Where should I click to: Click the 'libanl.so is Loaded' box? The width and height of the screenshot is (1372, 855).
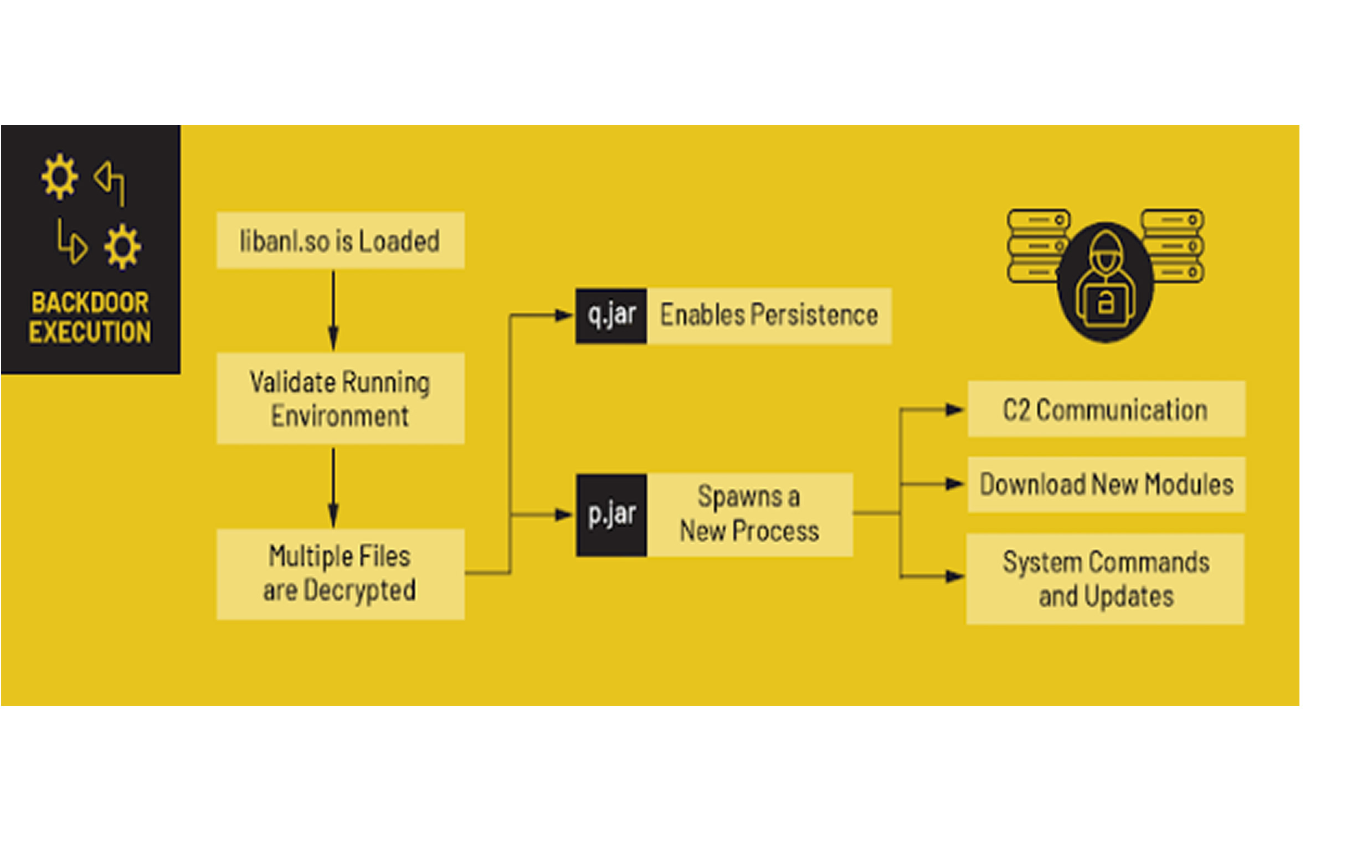(x=341, y=240)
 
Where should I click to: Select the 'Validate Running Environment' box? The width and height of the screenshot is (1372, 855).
(x=341, y=399)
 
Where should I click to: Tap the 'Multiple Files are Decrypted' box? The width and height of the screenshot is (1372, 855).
(x=341, y=574)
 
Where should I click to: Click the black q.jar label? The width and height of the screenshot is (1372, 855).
(x=612, y=316)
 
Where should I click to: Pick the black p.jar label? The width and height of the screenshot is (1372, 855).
(x=612, y=514)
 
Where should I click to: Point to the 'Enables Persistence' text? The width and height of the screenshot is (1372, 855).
(x=769, y=316)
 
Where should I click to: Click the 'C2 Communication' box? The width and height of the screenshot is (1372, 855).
(x=1106, y=409)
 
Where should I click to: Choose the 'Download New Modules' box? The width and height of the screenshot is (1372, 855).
(x=1106, y=485)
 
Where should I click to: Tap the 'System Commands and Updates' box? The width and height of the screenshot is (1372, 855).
(x=1105, y=579)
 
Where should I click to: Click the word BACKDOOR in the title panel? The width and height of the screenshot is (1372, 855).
(x=90, y=302)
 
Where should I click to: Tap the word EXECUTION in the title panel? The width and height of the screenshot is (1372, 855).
(x=90, y=332)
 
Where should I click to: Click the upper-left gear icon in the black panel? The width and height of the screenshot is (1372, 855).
(x=59, y=177)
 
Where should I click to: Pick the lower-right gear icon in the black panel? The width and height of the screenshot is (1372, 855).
(x=122, y=246)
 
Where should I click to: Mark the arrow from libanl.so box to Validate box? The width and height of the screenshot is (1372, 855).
(x=333, y=311)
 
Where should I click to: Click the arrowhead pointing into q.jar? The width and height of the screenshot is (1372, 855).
(x=564, y=316)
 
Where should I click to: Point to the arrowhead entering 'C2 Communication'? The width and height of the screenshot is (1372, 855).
(x=954, y=409)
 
